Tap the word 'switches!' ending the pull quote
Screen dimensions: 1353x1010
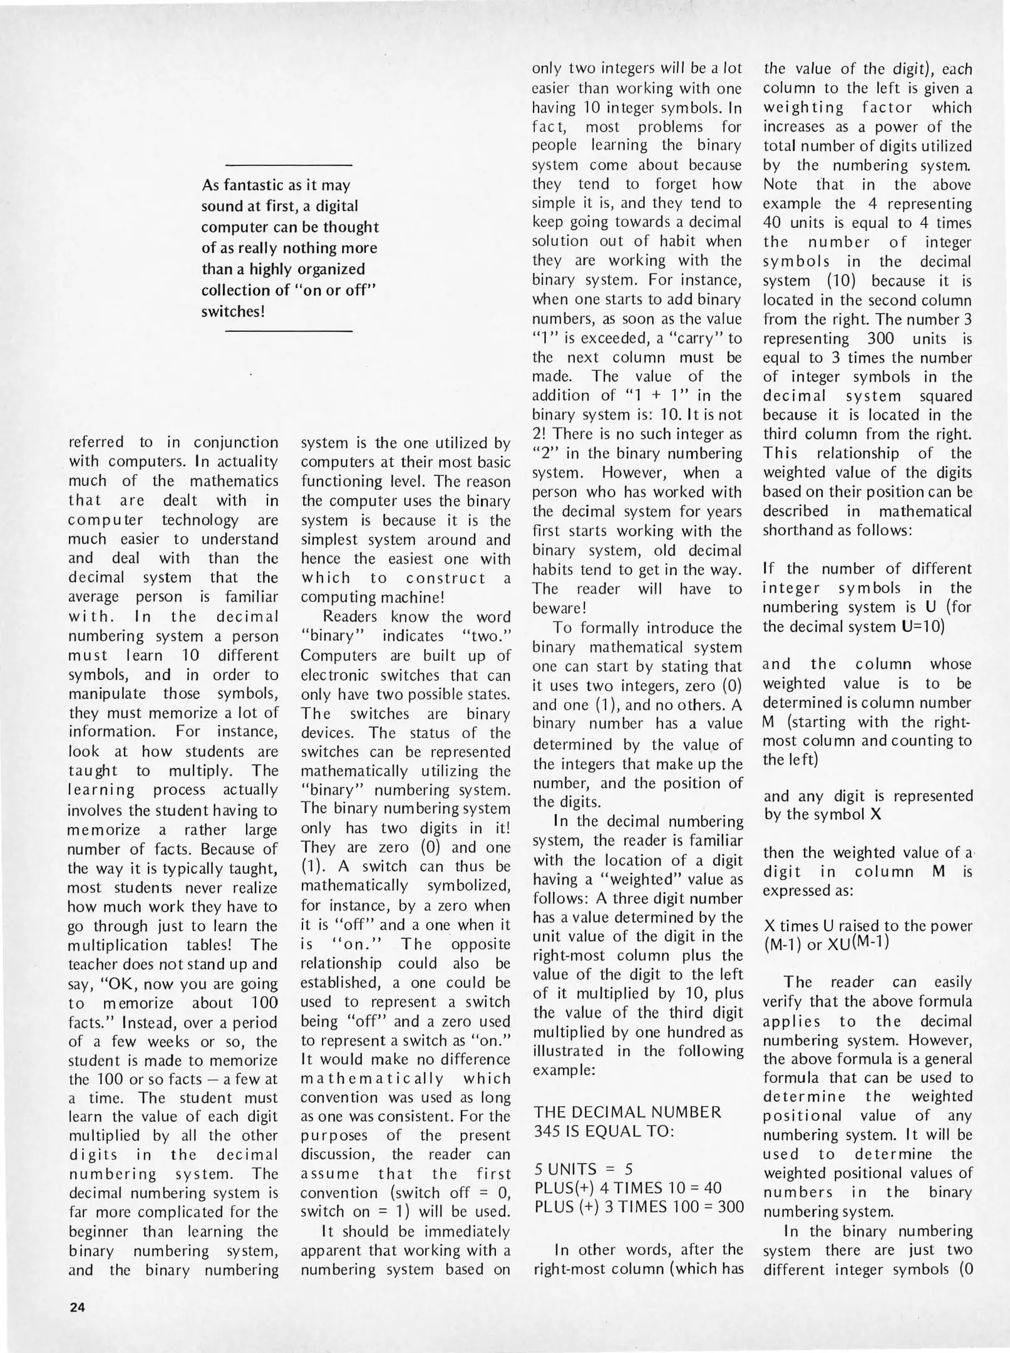click(233, 311)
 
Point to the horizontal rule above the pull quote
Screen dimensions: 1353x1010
click(288, 165)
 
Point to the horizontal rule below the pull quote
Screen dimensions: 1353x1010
click(288, 331)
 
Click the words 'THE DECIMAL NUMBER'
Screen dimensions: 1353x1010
click(627, 1112)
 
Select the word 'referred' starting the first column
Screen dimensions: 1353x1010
click(96, 442)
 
